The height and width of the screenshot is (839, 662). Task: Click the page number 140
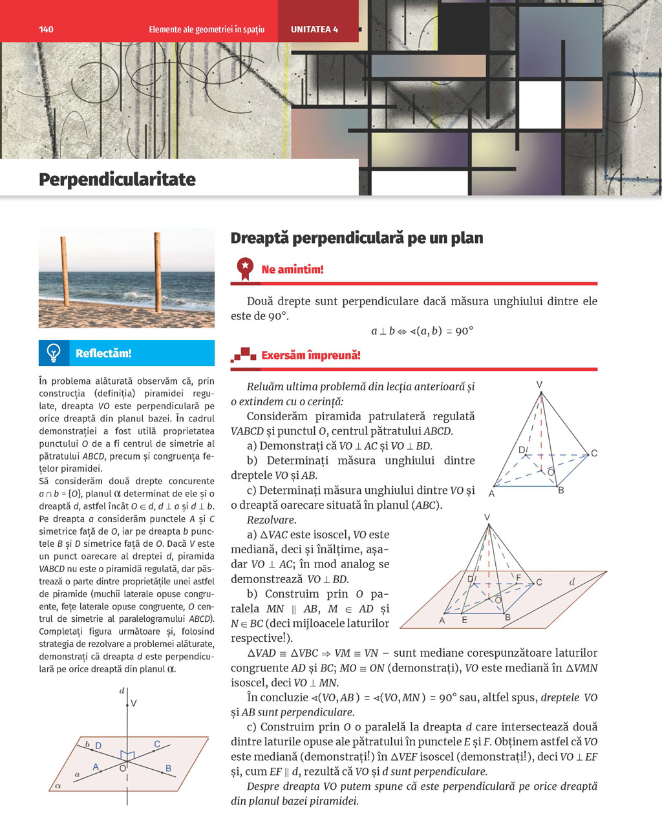point(46,29)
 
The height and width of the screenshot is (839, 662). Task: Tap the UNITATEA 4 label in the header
point(314,29)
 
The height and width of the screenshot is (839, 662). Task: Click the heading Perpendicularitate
point(117,179)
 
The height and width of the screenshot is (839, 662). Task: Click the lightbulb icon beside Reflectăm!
point(54,353)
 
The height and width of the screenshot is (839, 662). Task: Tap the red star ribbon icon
point(245,268)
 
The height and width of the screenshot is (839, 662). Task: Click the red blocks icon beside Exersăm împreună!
point(244,355)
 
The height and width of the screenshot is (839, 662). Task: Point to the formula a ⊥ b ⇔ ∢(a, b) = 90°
point(422,331)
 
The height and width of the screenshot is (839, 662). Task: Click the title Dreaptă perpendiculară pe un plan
point(356,238)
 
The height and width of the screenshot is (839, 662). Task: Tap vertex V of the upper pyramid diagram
point(540,385)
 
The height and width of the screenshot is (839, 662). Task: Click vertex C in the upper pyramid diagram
point(593,453)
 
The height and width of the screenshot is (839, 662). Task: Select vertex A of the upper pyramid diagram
point(492,493)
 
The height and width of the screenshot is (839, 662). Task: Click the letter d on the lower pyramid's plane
point(571,582)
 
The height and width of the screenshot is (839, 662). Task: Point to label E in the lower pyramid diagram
point(464,620)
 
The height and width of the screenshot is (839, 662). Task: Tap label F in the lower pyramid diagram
point(518,577)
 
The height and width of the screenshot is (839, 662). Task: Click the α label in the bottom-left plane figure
point(58,785)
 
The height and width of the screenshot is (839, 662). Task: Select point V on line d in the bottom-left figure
point(134,703)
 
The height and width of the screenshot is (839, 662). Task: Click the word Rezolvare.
point(271,520)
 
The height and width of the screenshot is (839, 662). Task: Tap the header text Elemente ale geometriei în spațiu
point(206,29)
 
